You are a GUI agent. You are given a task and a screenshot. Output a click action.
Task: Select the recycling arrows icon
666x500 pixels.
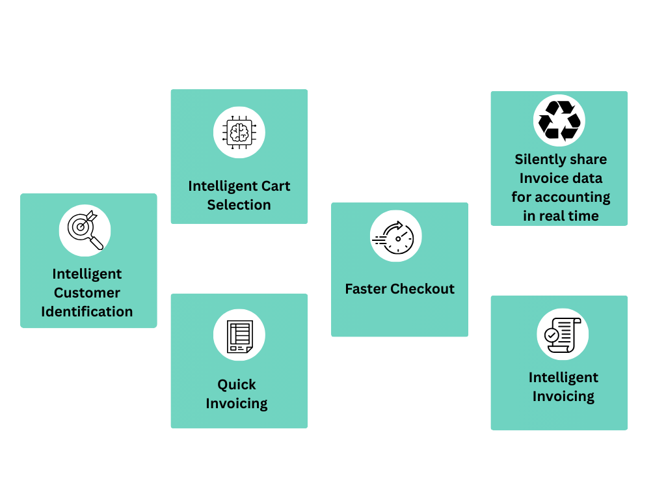559,120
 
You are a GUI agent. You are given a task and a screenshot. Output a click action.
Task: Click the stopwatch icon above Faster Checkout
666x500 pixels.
396,236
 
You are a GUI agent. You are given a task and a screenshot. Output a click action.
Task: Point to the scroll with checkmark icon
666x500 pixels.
562,334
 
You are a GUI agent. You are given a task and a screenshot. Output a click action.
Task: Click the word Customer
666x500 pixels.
87,293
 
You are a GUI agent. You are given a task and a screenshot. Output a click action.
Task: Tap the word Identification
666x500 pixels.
87,312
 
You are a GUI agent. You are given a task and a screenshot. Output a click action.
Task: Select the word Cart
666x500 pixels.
274,186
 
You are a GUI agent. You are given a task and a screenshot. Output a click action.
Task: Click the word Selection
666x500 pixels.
239,205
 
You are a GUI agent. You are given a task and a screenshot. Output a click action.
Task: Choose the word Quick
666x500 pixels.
237,385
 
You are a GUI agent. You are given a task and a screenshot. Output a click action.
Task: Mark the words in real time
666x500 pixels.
561,216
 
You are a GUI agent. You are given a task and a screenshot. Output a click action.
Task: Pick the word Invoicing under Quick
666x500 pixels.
237,404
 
